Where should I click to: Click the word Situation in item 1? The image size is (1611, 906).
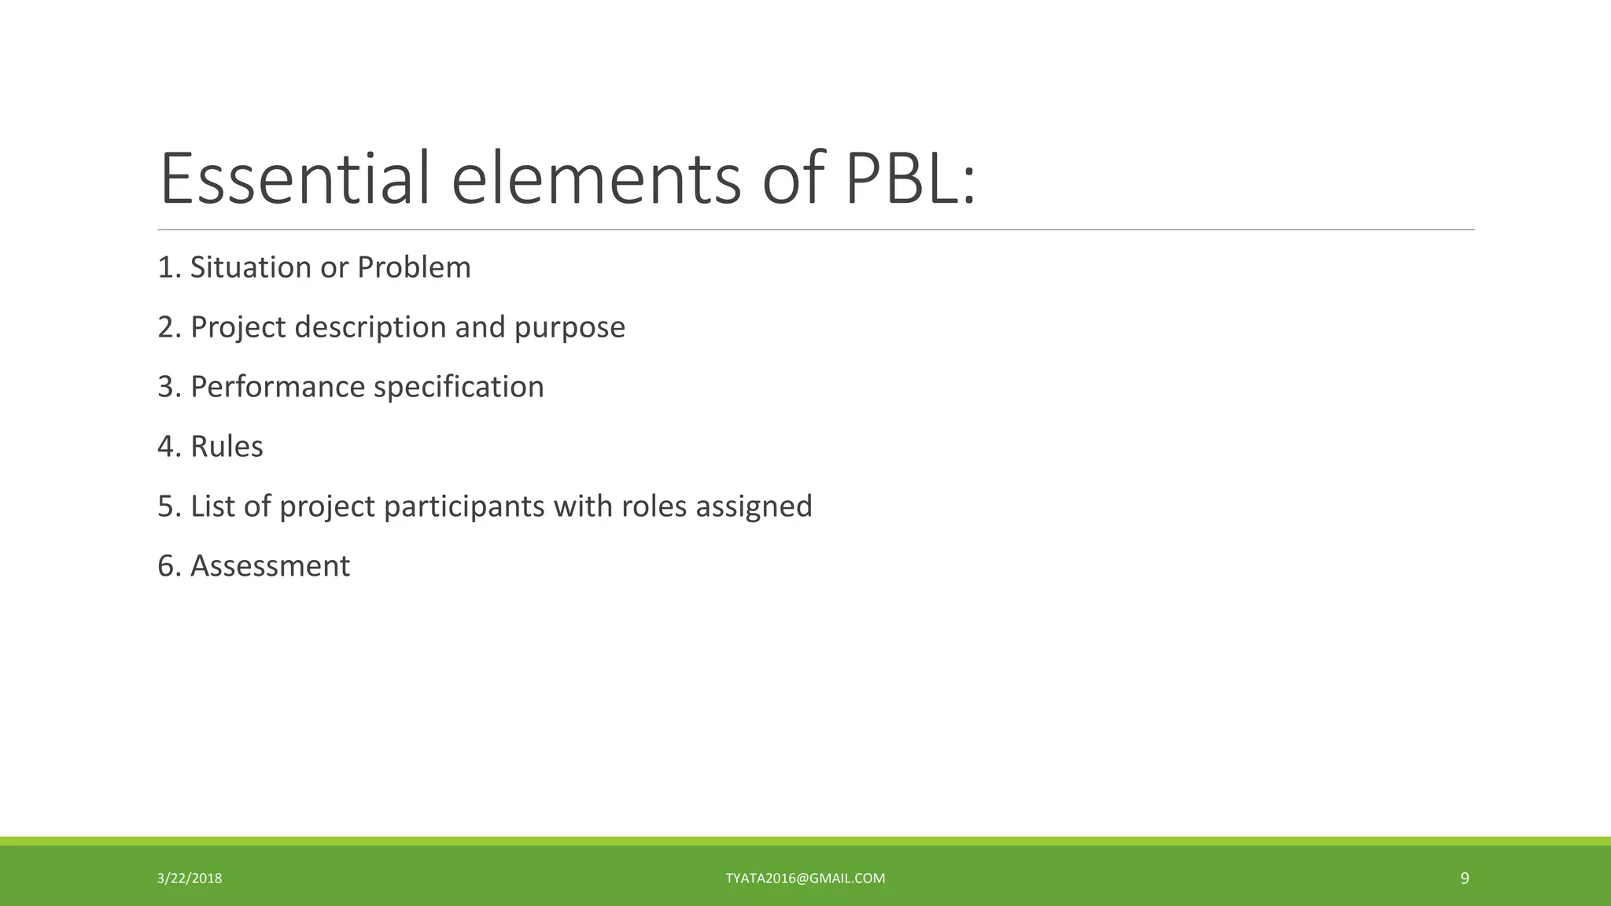click(251, 267)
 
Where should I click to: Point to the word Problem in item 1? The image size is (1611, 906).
click(414, 267)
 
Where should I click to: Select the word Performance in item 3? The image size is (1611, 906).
click(278, 387)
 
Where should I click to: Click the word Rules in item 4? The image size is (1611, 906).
click(227, 447)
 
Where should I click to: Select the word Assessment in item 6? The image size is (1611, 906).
click(270, 566)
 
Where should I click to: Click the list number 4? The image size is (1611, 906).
click(167, 447)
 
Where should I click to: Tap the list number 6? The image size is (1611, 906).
click(167, 566)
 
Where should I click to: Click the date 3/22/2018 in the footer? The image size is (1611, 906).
click(190, 878)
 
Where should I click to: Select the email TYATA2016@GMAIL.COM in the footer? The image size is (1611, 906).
click(805, 878)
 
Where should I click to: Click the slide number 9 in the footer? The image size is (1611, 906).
click(1465, 878)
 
